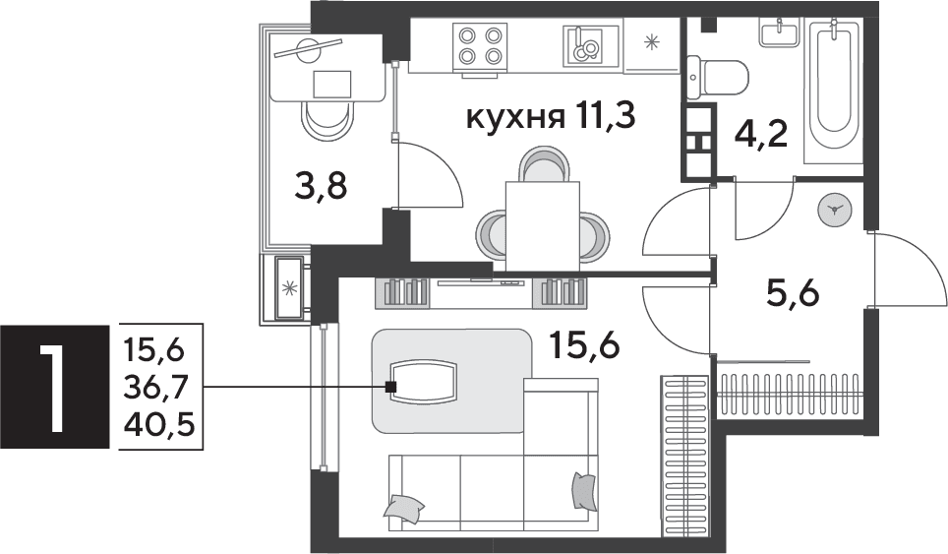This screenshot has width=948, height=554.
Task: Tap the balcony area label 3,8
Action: click(x=321, y=187)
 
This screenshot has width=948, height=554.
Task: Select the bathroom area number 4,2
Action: click(x=760, y=136)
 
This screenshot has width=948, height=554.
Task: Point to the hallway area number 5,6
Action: click(x=792, y=296)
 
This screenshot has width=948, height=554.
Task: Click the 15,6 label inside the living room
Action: click(x=585, y=346)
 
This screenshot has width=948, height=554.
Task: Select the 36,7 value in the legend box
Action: click(x=159, y=387)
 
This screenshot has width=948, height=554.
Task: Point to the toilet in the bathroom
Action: click(x=718, y=78)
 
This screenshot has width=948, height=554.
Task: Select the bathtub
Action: click(x=833, y=91)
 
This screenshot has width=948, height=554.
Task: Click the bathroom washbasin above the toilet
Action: click(x=781, y=31)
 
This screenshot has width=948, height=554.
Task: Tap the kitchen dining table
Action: click(x=542, y=225)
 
